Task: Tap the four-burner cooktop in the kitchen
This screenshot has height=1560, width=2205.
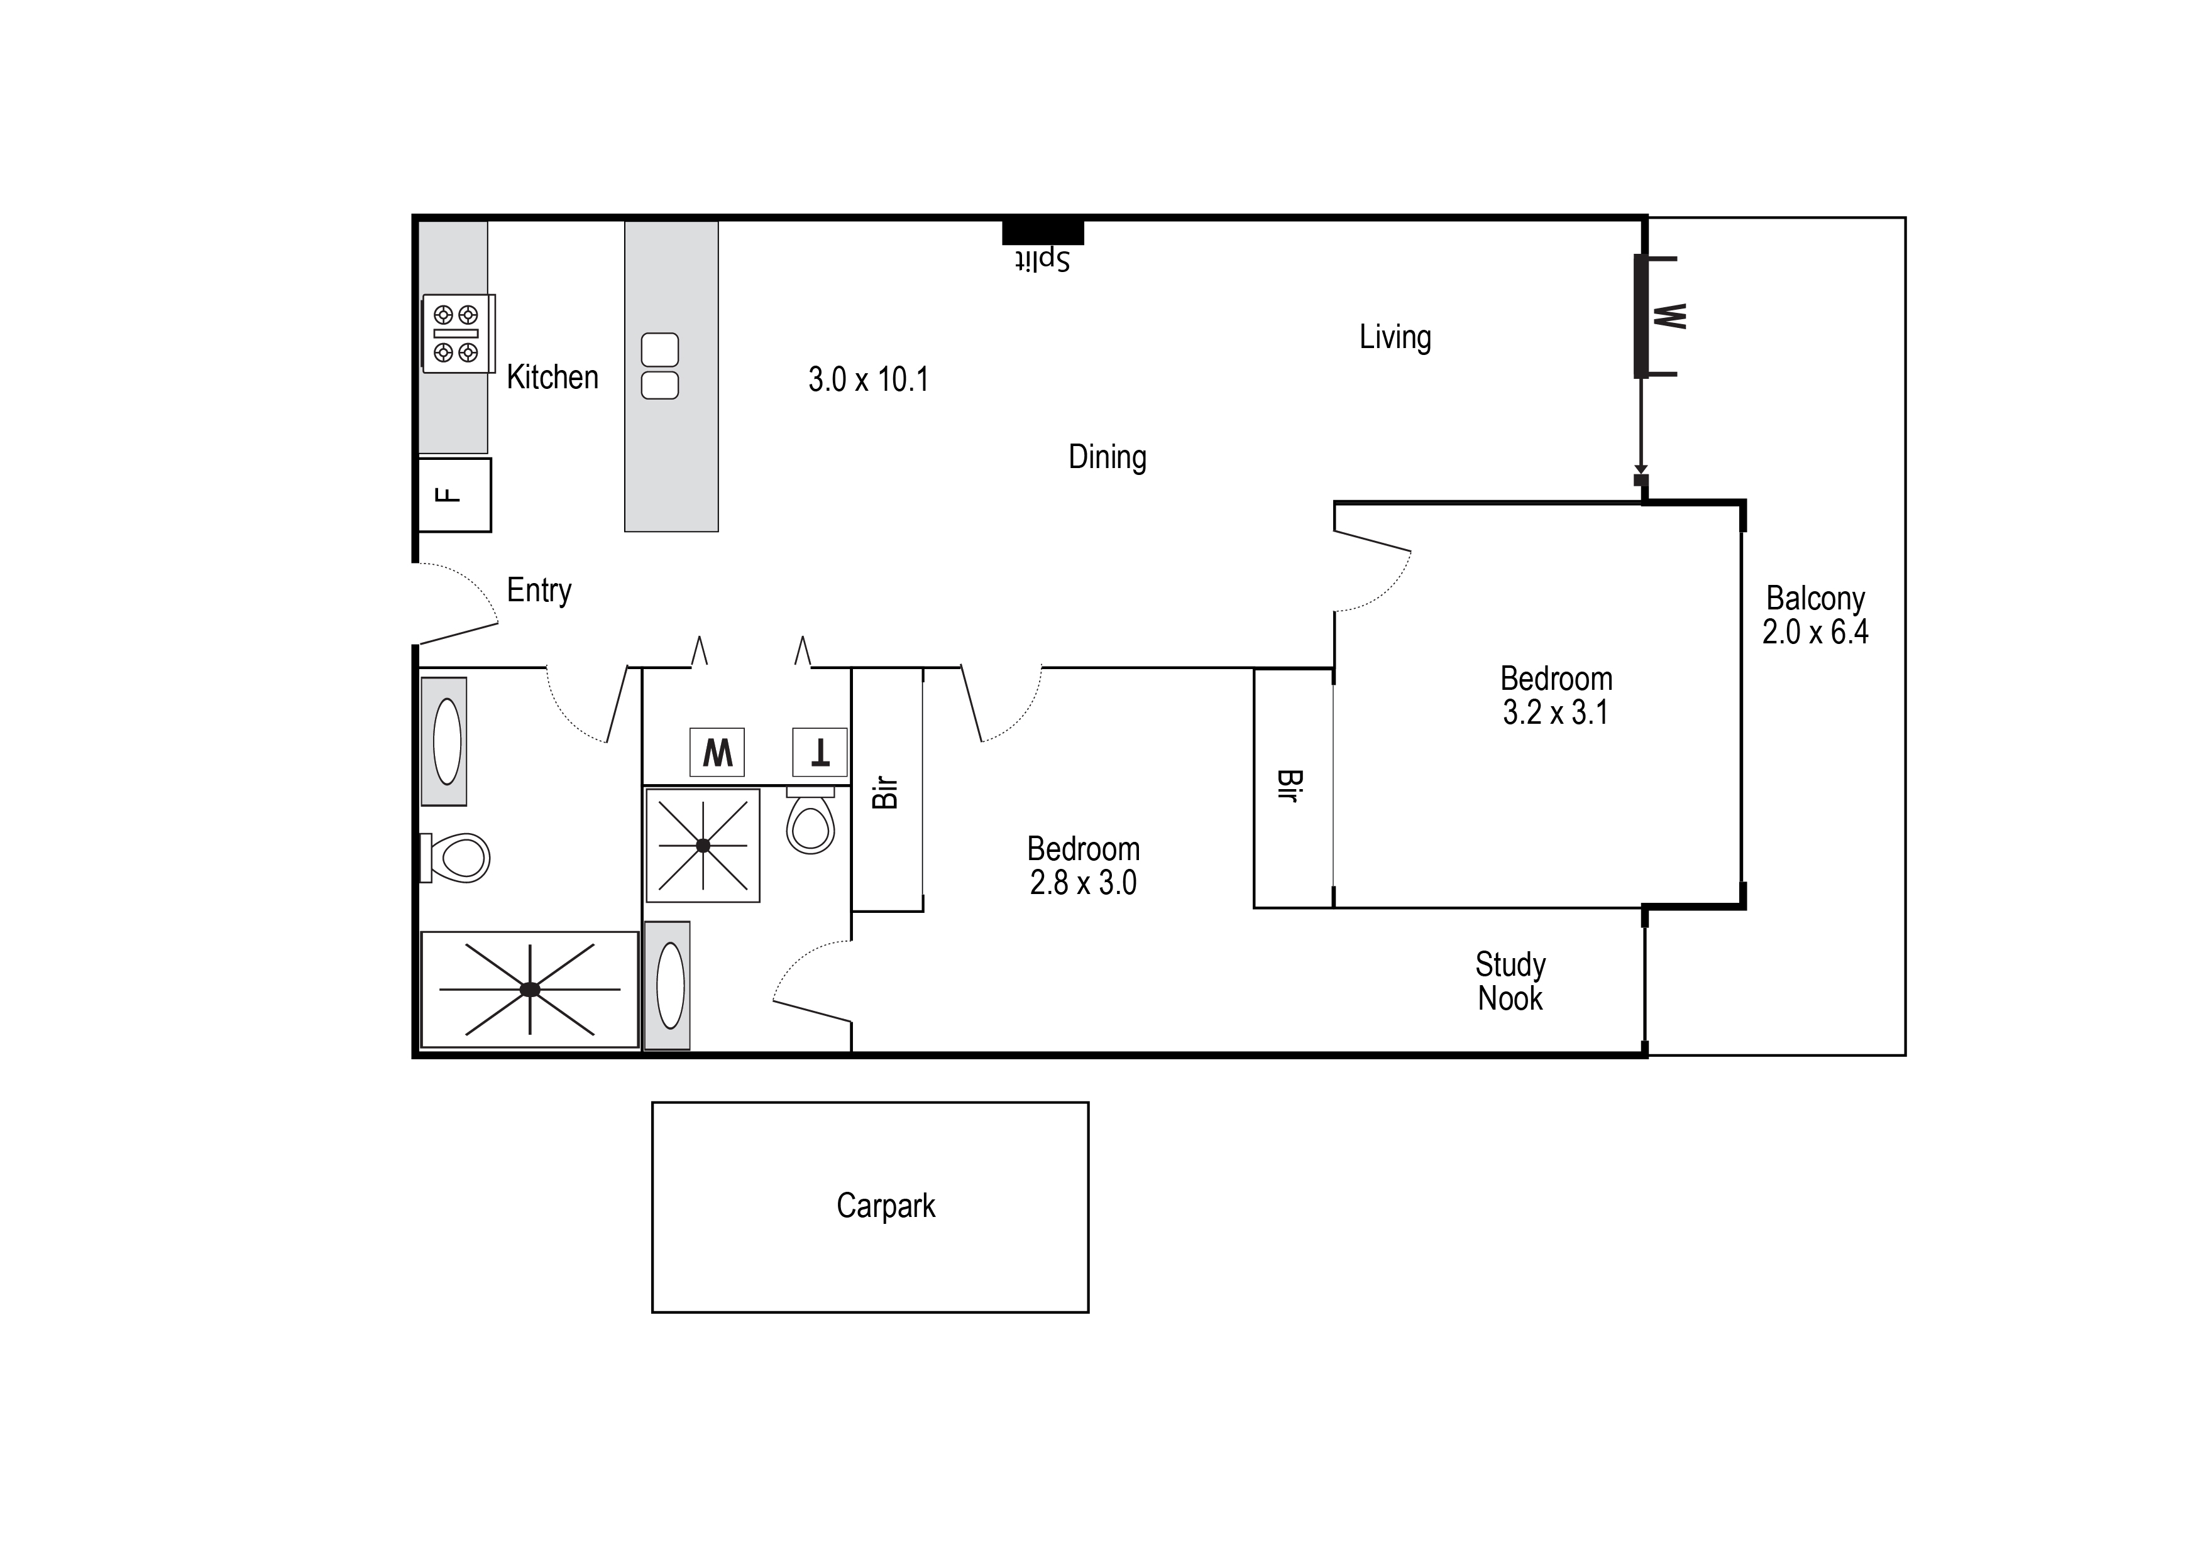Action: pos(456,334)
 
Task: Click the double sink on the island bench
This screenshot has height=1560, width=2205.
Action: pos(659,366)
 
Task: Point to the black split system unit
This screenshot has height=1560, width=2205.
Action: pos(1042,231)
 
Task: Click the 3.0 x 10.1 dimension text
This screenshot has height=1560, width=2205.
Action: pos(867,379)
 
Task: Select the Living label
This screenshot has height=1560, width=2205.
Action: pos(1394,337)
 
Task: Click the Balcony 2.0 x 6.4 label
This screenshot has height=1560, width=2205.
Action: pos(1814,615)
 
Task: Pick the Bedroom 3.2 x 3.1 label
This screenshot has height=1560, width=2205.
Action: pos(1556,695)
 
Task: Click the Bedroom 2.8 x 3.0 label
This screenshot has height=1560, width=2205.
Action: pos(1083,866)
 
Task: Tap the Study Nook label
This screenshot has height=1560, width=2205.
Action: pos(1509,981)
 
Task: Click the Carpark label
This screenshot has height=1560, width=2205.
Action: pos(885,1206)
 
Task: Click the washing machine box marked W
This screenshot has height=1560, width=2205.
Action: pos(717,752)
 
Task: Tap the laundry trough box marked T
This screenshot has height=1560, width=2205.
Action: pos(820,752)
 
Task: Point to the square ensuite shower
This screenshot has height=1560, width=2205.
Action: pos(702,845)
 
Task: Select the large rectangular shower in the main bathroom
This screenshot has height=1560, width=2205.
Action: pos(529,990)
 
